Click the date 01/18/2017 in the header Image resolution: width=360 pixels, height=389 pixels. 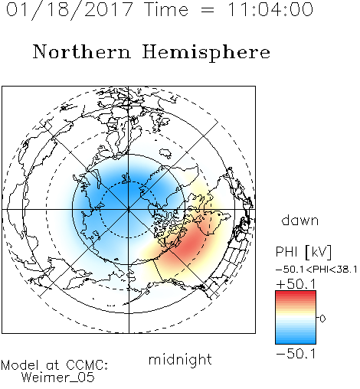tap(70, 10)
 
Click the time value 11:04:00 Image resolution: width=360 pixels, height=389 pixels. tap(270, 9)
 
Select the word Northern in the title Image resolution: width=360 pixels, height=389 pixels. tap(82, 51)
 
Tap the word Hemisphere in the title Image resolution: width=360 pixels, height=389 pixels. tap(206, 53)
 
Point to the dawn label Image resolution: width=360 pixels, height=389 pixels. tap(300, 220)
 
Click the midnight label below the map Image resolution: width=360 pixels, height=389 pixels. tap(180, 359)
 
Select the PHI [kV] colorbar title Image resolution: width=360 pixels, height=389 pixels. tap(304, 252)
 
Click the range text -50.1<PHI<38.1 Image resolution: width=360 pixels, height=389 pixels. tap(316, 270)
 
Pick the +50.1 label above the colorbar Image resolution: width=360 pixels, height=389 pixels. tap(296, 284)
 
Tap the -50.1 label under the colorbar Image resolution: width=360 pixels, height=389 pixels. tap(296, 354)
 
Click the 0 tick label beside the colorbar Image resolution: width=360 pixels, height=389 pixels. tap(322, 319)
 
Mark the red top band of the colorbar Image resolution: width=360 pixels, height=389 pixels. tap(296, 294)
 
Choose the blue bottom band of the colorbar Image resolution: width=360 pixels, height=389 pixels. tap(296, 340)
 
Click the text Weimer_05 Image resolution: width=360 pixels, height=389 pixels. tap(58, 378)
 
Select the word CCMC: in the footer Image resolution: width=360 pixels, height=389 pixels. tap(87, 365)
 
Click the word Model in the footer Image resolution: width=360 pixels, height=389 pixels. tap(20, 365)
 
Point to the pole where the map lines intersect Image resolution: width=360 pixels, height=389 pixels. tap(129, 210)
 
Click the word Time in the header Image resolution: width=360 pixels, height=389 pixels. tap(166, 9)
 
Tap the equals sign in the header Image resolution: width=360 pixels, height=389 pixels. tap(208, 10)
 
